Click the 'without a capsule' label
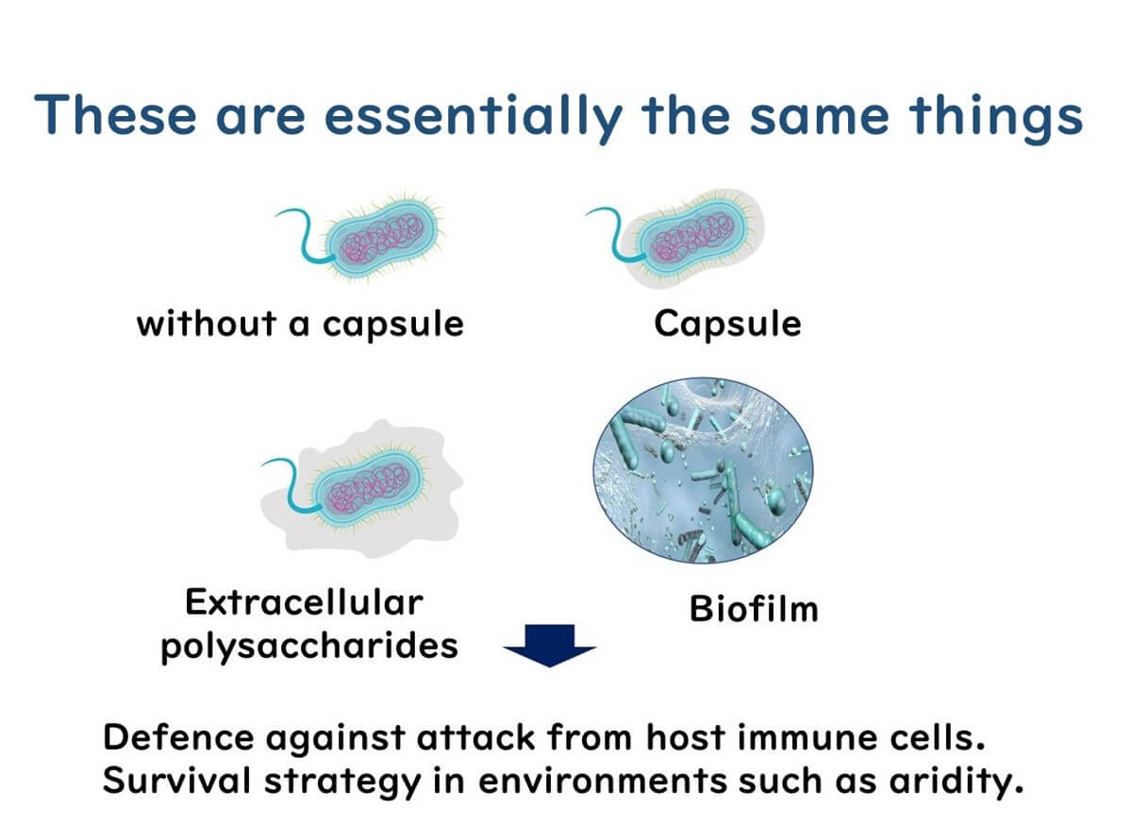click(x=300, y=324)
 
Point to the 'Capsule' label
click(x=727, y=324)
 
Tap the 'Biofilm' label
click(x=754, y=609)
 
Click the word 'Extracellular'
click(x=305, y=601)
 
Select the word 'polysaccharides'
click(x=309, y=646)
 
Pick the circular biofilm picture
click(x=703, y=469)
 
